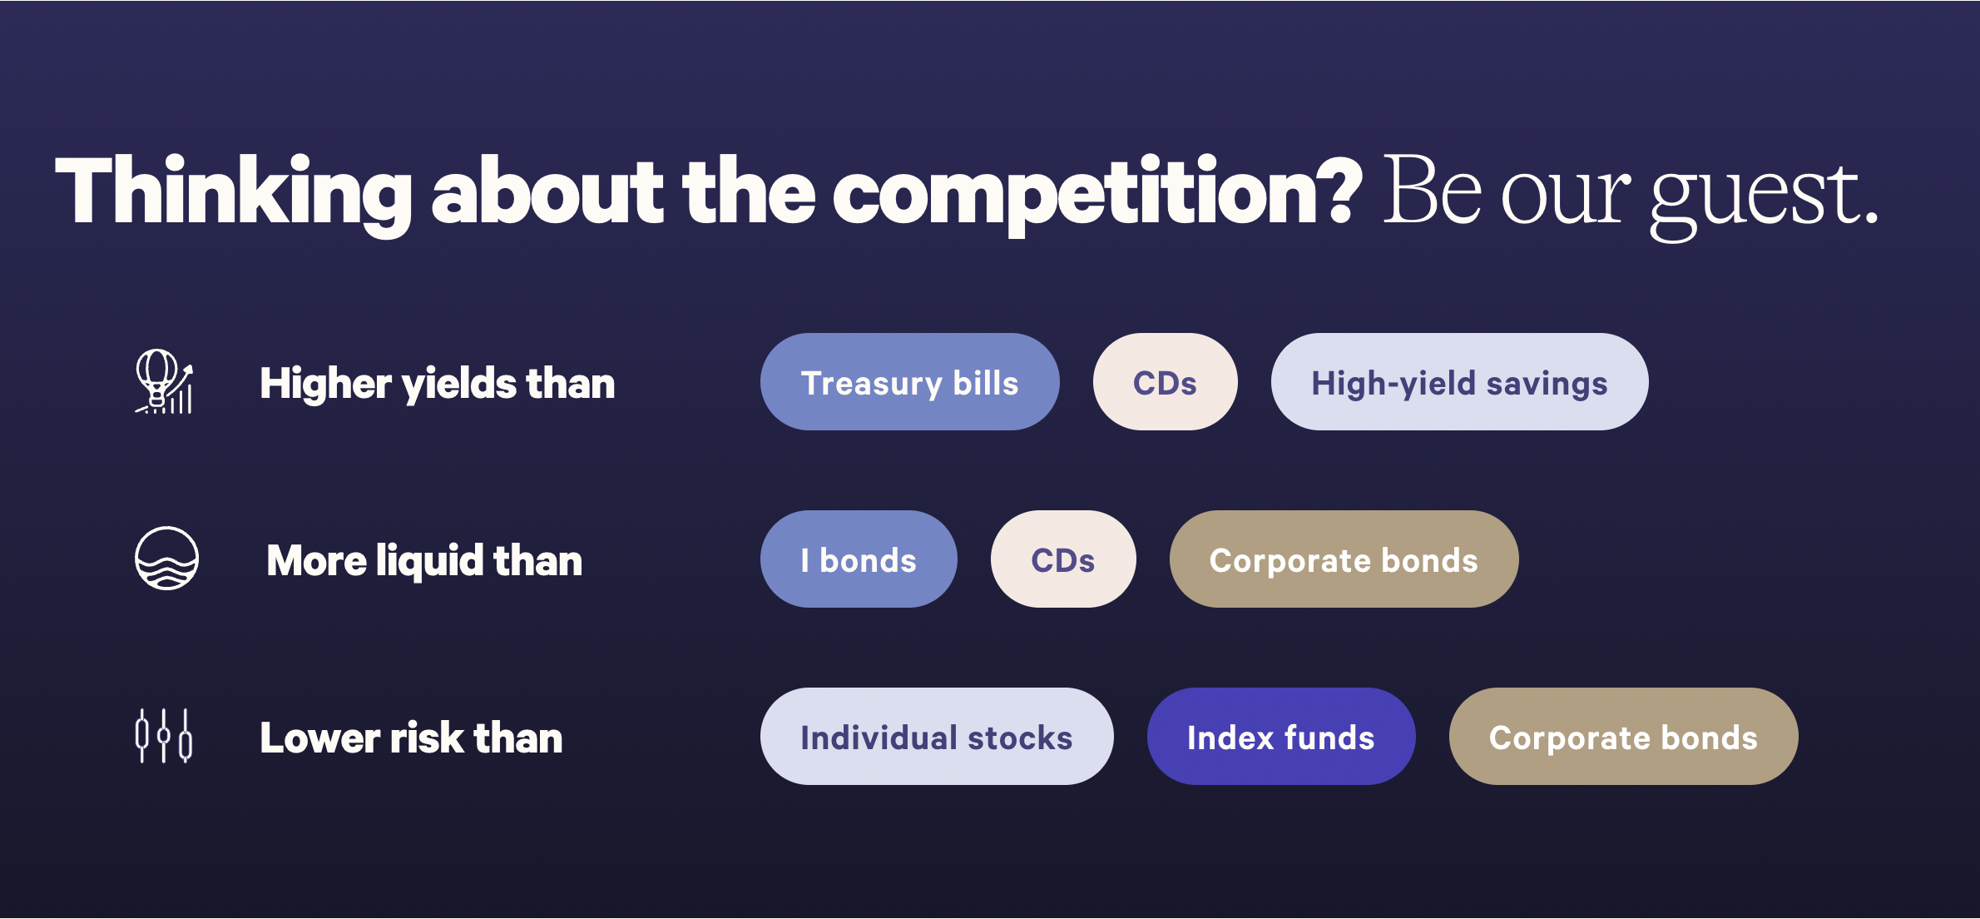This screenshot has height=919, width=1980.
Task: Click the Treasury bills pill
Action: point(909,382)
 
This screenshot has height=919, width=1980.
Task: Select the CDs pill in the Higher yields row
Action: point(1165,382)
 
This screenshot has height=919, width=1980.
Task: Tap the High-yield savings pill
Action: point(1459,382)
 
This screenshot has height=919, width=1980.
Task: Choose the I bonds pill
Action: point(859,559)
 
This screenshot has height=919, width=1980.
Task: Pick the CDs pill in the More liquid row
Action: point(1063,559)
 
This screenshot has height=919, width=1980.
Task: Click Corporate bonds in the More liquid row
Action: point(1344,559)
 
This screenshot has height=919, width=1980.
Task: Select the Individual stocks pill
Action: point(937,737)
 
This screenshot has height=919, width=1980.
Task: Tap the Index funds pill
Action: point(1281,737)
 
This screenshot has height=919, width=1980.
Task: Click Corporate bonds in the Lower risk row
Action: point(1623,737)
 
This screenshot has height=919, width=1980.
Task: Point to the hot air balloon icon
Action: point(165,381)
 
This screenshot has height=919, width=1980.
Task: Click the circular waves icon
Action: point(166,559)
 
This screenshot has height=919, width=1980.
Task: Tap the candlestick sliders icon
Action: point(164,736)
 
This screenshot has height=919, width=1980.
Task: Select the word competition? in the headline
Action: point(1097,194)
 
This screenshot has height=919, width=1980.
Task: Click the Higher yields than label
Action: point(438,384)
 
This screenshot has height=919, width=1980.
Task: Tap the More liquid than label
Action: point(424,560)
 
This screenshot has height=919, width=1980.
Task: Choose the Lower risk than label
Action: point(411,738)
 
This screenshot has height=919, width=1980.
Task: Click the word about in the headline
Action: point(547,191)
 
